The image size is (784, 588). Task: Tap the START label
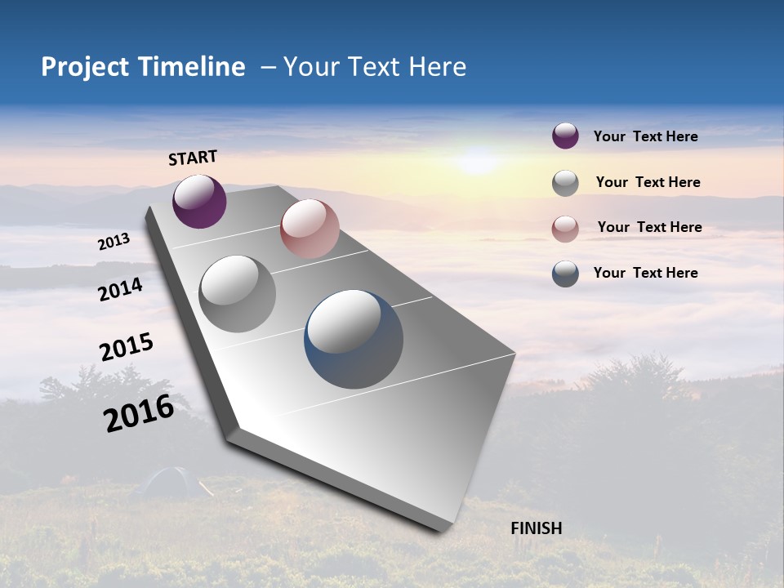[x=193, y=158]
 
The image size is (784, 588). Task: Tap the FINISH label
[x=537, y=528]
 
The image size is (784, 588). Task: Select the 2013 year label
[x=114, y=242]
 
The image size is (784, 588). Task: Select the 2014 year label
[x=121, y=289]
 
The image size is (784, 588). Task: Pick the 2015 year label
[x=127, y=346]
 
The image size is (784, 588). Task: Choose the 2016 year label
[x=139, y=412]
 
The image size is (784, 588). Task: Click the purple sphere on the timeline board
[x=199, y=201]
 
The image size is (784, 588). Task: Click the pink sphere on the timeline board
[x=310, y=229]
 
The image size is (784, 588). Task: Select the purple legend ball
[x=565, y=136]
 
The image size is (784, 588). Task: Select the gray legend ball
[x=565, y=183]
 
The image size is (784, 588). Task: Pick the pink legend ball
[x=565, y=229]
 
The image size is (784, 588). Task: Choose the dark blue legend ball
[x=565, y=274]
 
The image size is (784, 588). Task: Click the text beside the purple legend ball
[x=645, y=136]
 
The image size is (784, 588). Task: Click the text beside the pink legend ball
[x=649, y=227]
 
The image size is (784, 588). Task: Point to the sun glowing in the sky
[x=478, y=159]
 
